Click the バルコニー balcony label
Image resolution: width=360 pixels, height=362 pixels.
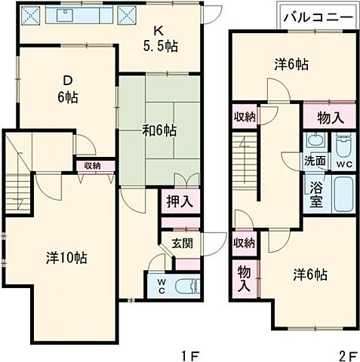coord(316,16)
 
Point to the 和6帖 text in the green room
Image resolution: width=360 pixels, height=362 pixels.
coord(160,130)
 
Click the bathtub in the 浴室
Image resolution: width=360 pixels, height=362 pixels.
coord(343,195)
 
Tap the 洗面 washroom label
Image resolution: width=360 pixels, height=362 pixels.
coord(315,161)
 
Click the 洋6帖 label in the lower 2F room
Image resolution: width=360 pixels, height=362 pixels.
coord(310,275)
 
